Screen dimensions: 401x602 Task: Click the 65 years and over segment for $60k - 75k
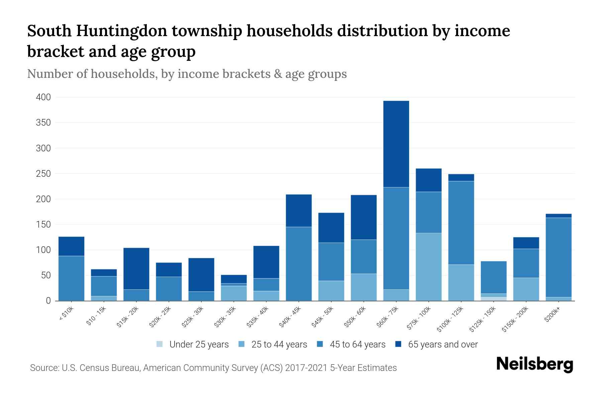[x=396, y=144]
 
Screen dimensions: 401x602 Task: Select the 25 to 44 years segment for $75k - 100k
[x=428, y=267]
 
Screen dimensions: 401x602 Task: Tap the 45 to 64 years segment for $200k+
[x=558, y=257]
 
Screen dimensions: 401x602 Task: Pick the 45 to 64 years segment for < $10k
[x=71, y=278]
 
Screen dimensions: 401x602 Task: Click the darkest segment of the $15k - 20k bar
[x=136, y=268]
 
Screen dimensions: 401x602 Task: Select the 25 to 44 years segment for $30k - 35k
[x=234, y=293]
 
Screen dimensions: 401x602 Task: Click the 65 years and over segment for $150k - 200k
[x=526, y=243]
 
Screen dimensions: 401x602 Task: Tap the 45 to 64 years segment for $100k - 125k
[x=461, y=223]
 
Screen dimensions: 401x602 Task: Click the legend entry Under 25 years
[x=199, y=345]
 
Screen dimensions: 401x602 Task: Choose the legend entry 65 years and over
[x=442, y=345]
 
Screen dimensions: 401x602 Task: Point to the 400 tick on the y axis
[x=43, y=97]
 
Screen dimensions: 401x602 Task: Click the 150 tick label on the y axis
[x=43, y=225]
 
